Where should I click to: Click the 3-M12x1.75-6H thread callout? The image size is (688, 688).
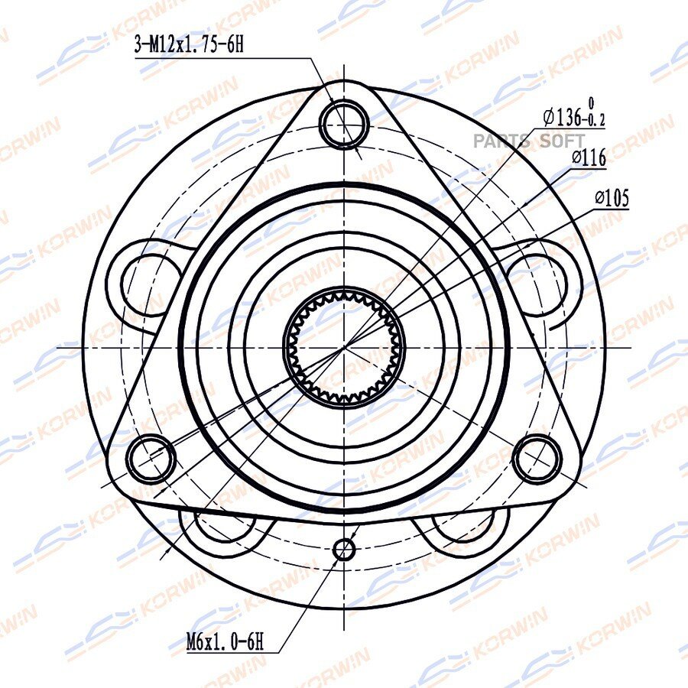(189, 45)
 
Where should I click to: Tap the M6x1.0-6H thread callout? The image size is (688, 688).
(225, 642)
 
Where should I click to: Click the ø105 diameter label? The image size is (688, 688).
(612, 198)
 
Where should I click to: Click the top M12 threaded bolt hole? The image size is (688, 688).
(345, 123)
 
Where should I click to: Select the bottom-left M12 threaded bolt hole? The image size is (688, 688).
(151, 458)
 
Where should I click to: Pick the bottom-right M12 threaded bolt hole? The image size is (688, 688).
(538, 458)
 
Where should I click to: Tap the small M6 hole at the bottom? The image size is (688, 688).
(344, 549)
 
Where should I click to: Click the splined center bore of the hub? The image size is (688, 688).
(344, 346)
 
